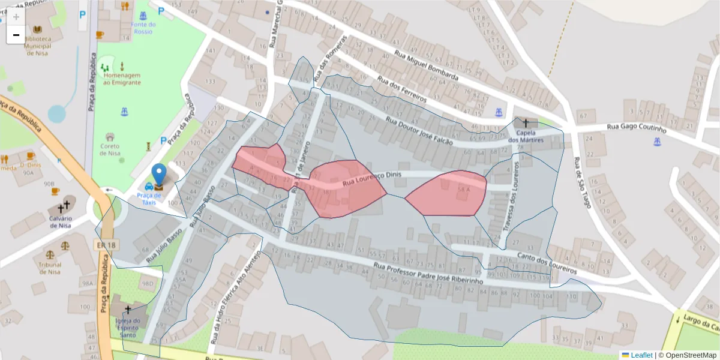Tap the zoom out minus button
[16, 35]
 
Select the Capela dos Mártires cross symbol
[526, 123]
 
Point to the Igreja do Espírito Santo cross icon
[127, 310]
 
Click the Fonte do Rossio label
[143, 28]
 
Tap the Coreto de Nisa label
[110, 149]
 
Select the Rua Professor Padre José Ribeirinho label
[428, 273]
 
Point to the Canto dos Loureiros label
[546, 262]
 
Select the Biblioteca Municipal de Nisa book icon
[38, 29]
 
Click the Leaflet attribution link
[641, 355]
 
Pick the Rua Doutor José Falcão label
[419, 130]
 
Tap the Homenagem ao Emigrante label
[122, 79]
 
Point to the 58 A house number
[463, 190]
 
